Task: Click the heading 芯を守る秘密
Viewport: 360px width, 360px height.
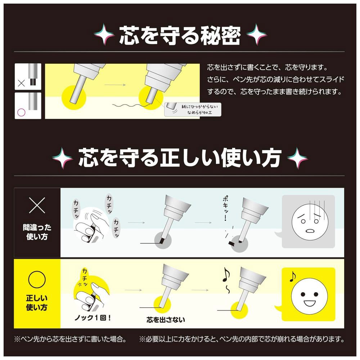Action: coord(180,35)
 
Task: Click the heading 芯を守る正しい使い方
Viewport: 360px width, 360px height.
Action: coord(180,158)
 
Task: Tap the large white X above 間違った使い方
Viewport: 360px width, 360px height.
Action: coord(37,205)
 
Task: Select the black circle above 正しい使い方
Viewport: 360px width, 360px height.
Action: coord(37,279)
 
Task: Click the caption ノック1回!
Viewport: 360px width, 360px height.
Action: coord(93,318)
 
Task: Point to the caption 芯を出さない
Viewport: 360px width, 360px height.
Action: coord(166,319)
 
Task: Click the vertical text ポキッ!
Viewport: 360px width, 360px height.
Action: coord(226,208)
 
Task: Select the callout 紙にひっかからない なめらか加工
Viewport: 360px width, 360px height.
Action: coord(193,109)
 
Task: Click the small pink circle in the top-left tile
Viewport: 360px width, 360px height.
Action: coord(21,112)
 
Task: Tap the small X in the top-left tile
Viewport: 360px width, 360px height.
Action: coord(21,83)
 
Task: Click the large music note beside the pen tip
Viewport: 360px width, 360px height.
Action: coord(226,275)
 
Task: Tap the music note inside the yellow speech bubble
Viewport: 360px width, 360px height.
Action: coord(292,276)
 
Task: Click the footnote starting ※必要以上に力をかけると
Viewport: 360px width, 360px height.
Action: coord(242,339)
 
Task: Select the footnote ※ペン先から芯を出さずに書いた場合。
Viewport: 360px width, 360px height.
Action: coord(70,339)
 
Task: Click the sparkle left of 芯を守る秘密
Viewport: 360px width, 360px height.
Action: coord(104,35)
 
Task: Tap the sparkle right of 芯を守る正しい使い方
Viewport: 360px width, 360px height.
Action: coord(297,158)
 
